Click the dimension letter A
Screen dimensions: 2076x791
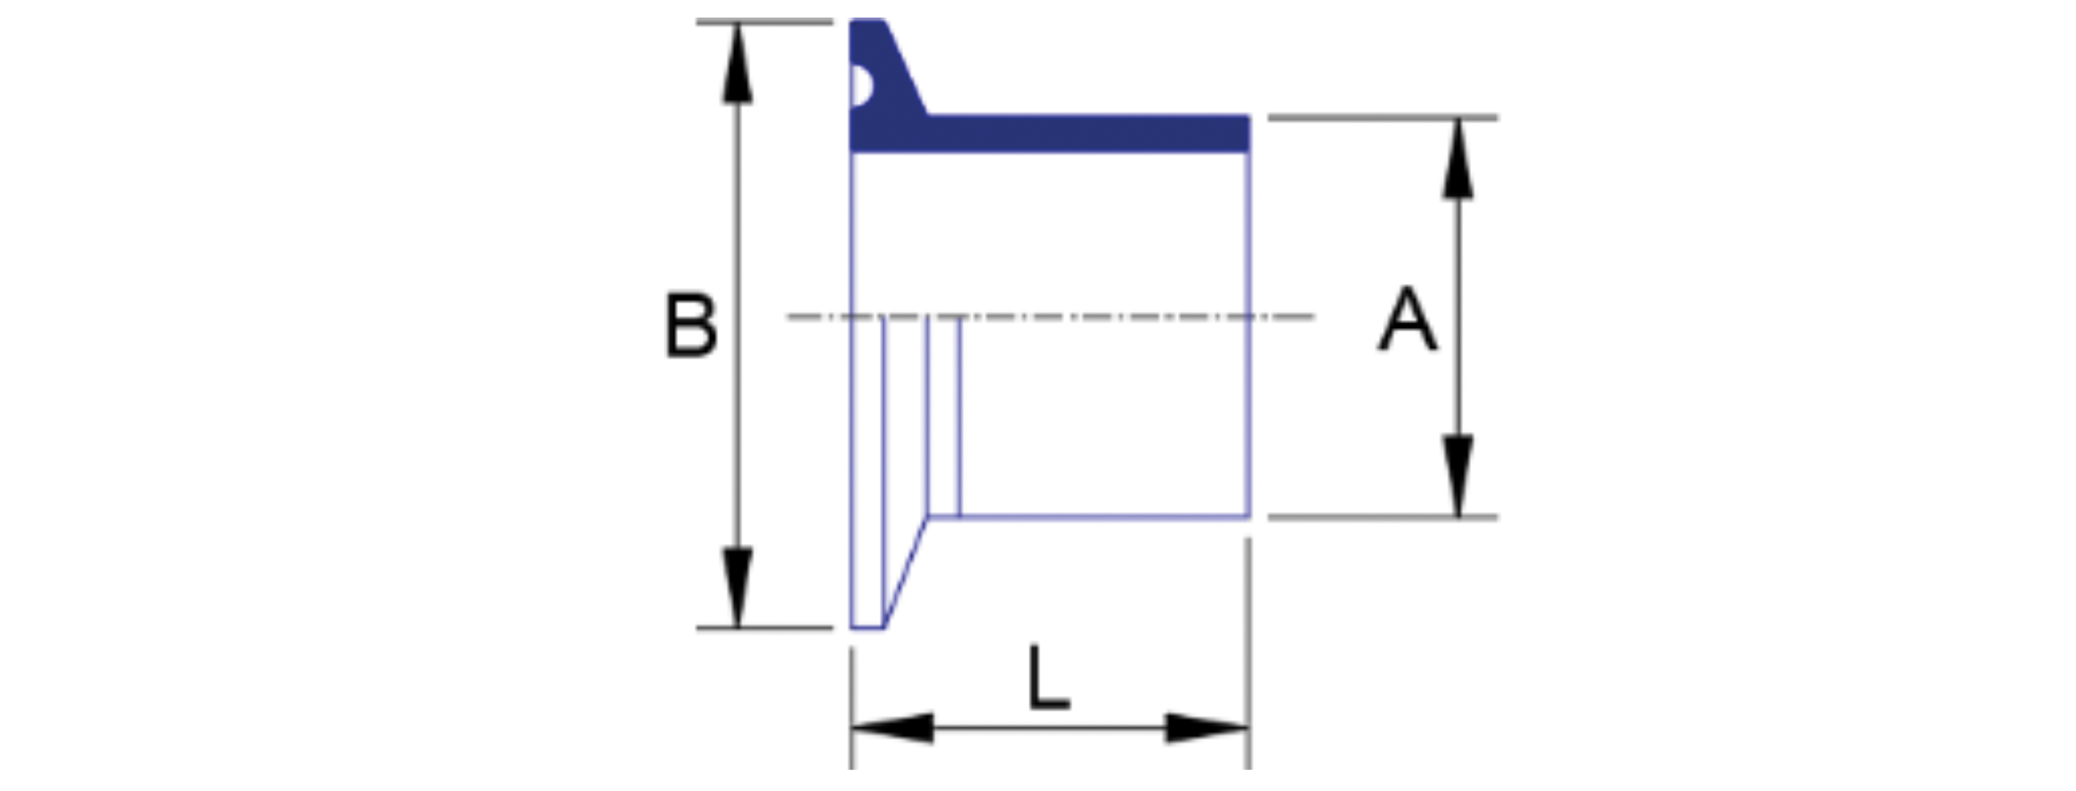(1408, 319)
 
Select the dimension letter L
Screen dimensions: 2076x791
(1049, 677)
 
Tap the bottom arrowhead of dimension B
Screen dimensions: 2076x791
(737, 587)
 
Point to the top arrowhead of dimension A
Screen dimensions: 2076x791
(1457, 159)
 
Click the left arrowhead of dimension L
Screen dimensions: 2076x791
(892, 728)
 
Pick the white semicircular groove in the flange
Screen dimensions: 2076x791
(861, 85)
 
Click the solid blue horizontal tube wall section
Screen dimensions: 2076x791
(1088, 134)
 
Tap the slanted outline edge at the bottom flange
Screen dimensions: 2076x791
(906, 573)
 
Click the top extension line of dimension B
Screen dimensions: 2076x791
(764, 22)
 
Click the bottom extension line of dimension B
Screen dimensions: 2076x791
(764, 628)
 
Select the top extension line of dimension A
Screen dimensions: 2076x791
(1383, 118)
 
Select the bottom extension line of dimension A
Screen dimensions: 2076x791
(1383, 517)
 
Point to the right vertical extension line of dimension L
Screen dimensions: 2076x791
(1248, 654)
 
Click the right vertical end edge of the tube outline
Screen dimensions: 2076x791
(1249, 335)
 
